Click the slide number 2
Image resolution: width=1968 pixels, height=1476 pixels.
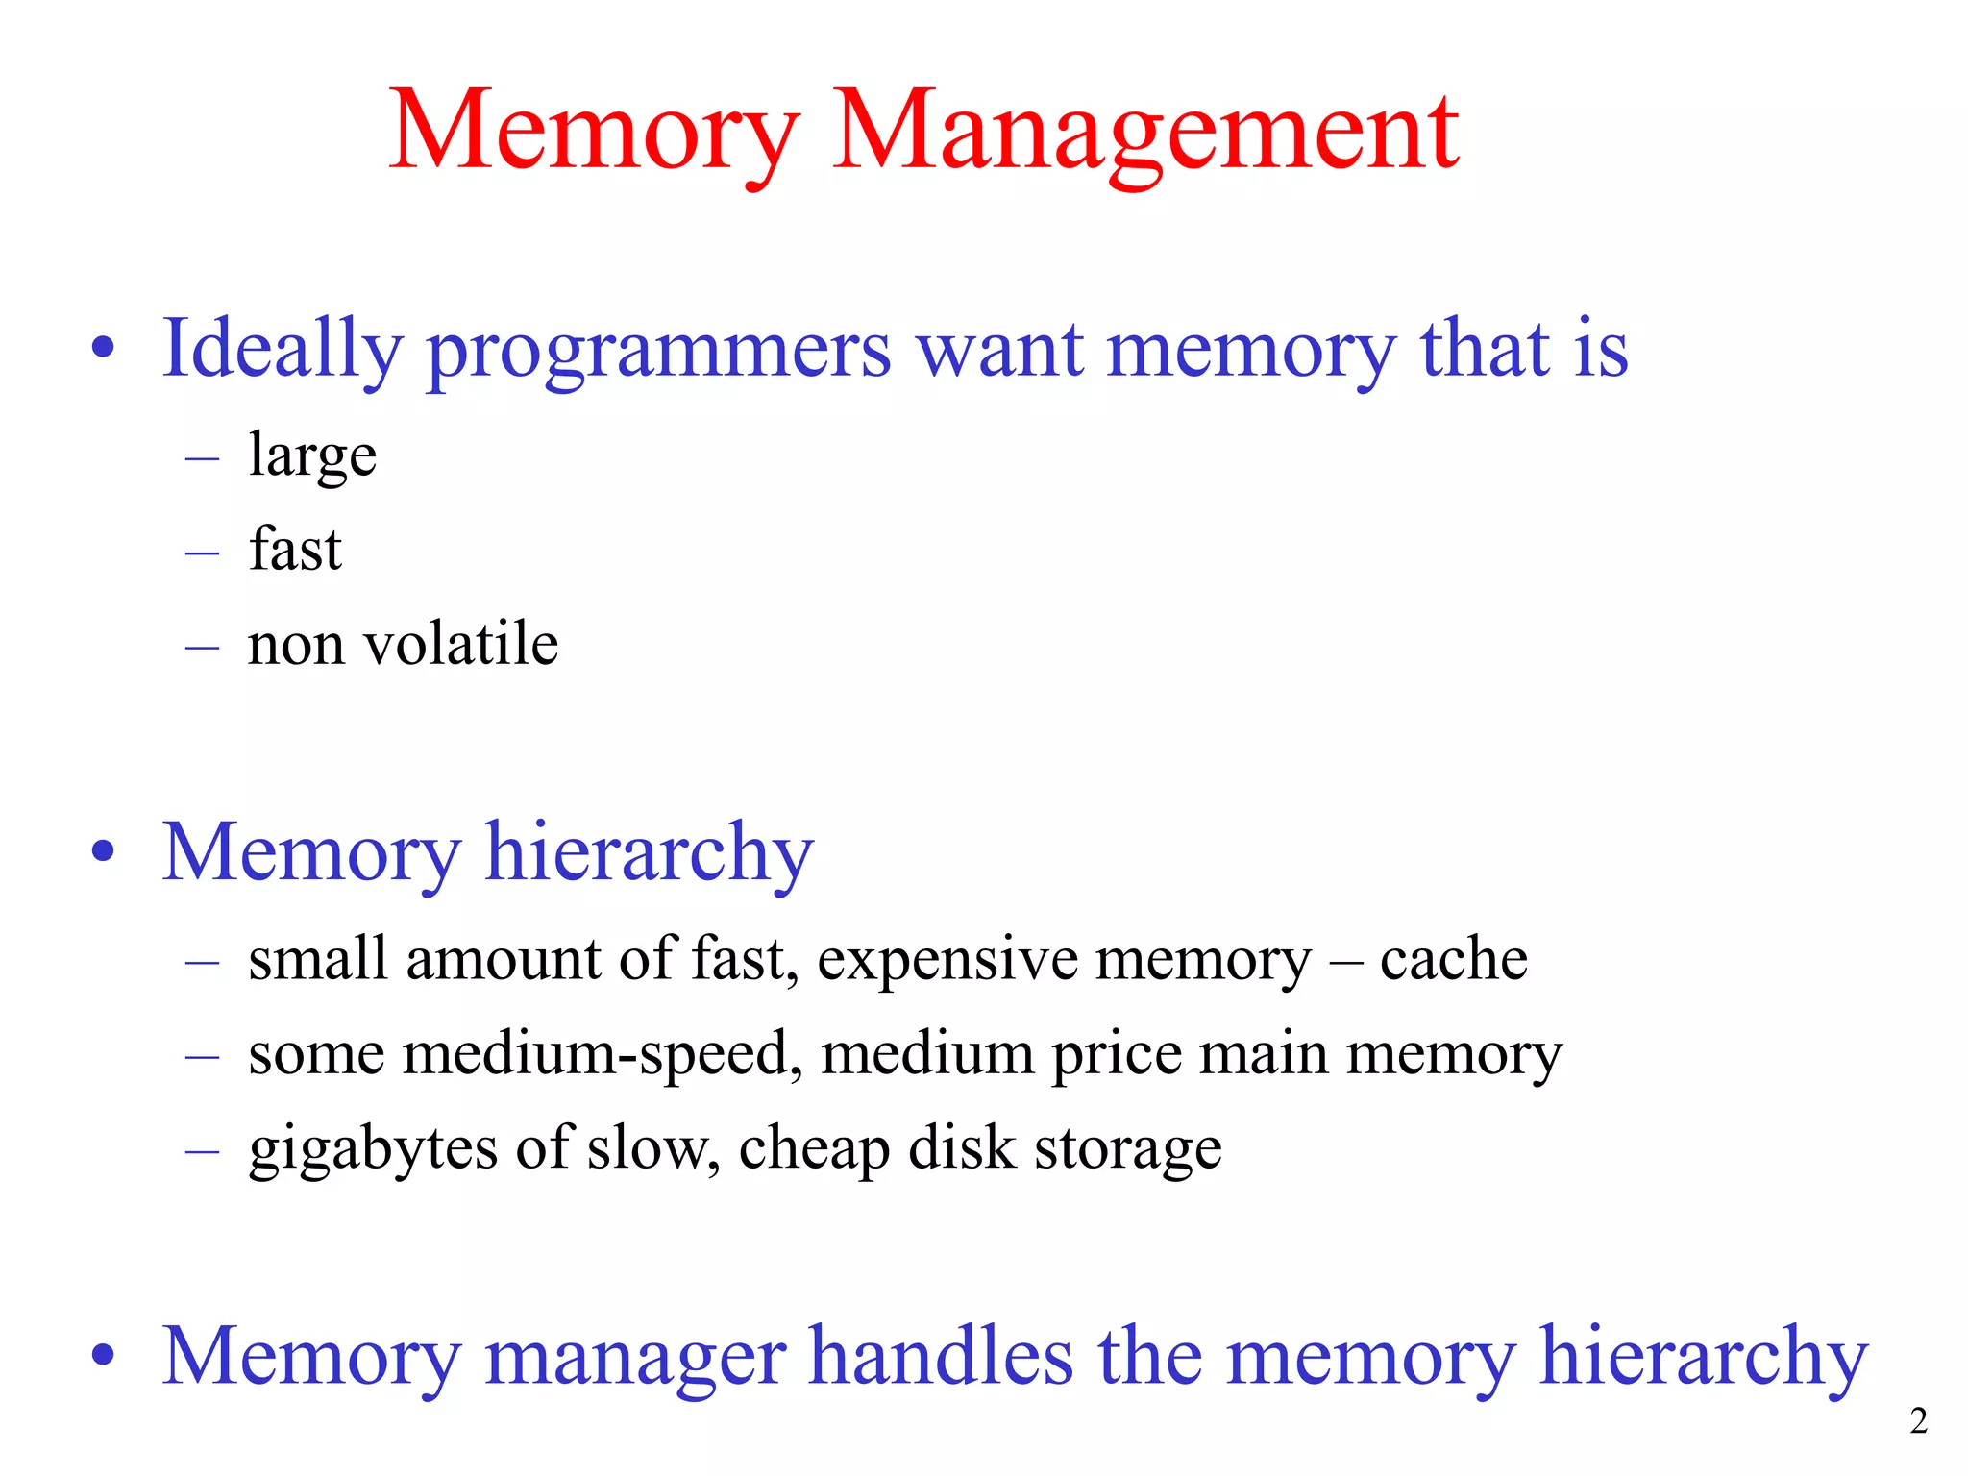[1918, 1420]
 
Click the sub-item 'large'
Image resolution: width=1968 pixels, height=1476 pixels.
[312, 455]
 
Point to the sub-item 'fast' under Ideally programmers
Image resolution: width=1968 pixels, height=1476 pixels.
[295, 549]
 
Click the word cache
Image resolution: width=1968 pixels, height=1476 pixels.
[1453, 958]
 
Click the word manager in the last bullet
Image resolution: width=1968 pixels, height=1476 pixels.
[635, 1357]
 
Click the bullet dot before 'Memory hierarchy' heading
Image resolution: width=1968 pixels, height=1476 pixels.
[104, 851]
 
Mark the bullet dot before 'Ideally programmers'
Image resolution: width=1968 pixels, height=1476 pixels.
[104, 348]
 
